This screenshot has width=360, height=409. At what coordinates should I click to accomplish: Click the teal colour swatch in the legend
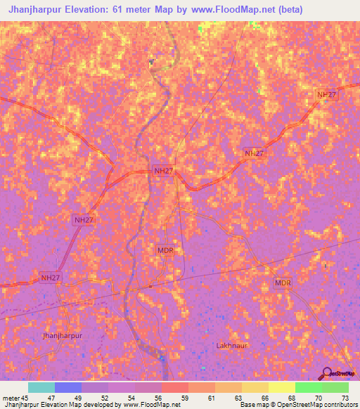pos(41,387)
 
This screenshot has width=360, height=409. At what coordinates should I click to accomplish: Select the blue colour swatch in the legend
pos(68,387)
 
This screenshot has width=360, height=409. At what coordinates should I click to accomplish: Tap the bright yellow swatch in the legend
pos(281,387)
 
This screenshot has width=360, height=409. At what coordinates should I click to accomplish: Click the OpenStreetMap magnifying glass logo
pos(326,373)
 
